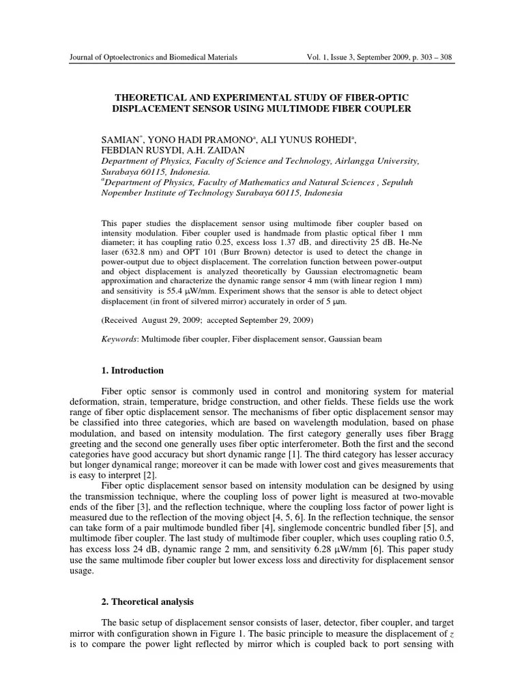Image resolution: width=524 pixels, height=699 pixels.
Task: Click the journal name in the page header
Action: click(x=154, y=58)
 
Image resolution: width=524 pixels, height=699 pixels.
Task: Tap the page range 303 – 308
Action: click(x=434, y=58)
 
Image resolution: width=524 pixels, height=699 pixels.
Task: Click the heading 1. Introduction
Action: click(x=132, y=371)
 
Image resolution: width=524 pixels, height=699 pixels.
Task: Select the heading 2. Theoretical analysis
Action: click(x=147, y=602)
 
